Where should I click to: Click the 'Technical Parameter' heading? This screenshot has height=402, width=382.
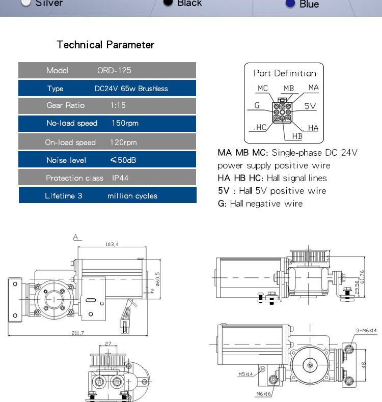105,45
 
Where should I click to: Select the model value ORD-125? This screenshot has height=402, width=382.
114,70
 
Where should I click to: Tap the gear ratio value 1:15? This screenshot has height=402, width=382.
118,105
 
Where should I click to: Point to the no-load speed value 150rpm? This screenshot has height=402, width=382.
125,123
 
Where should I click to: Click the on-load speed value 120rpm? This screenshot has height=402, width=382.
123,142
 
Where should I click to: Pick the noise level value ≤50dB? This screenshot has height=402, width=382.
123,160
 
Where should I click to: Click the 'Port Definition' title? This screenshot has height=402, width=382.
285,73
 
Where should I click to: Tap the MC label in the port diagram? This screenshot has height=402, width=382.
262,88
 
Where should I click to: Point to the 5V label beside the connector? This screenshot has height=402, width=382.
310,106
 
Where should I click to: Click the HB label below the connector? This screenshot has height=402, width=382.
297,136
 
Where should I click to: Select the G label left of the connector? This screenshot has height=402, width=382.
257,106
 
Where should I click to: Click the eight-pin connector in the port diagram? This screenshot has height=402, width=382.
282,111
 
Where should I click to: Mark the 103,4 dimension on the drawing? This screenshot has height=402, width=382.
112,244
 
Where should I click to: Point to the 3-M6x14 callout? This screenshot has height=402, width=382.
366,331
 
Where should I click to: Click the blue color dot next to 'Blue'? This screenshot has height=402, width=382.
290,4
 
